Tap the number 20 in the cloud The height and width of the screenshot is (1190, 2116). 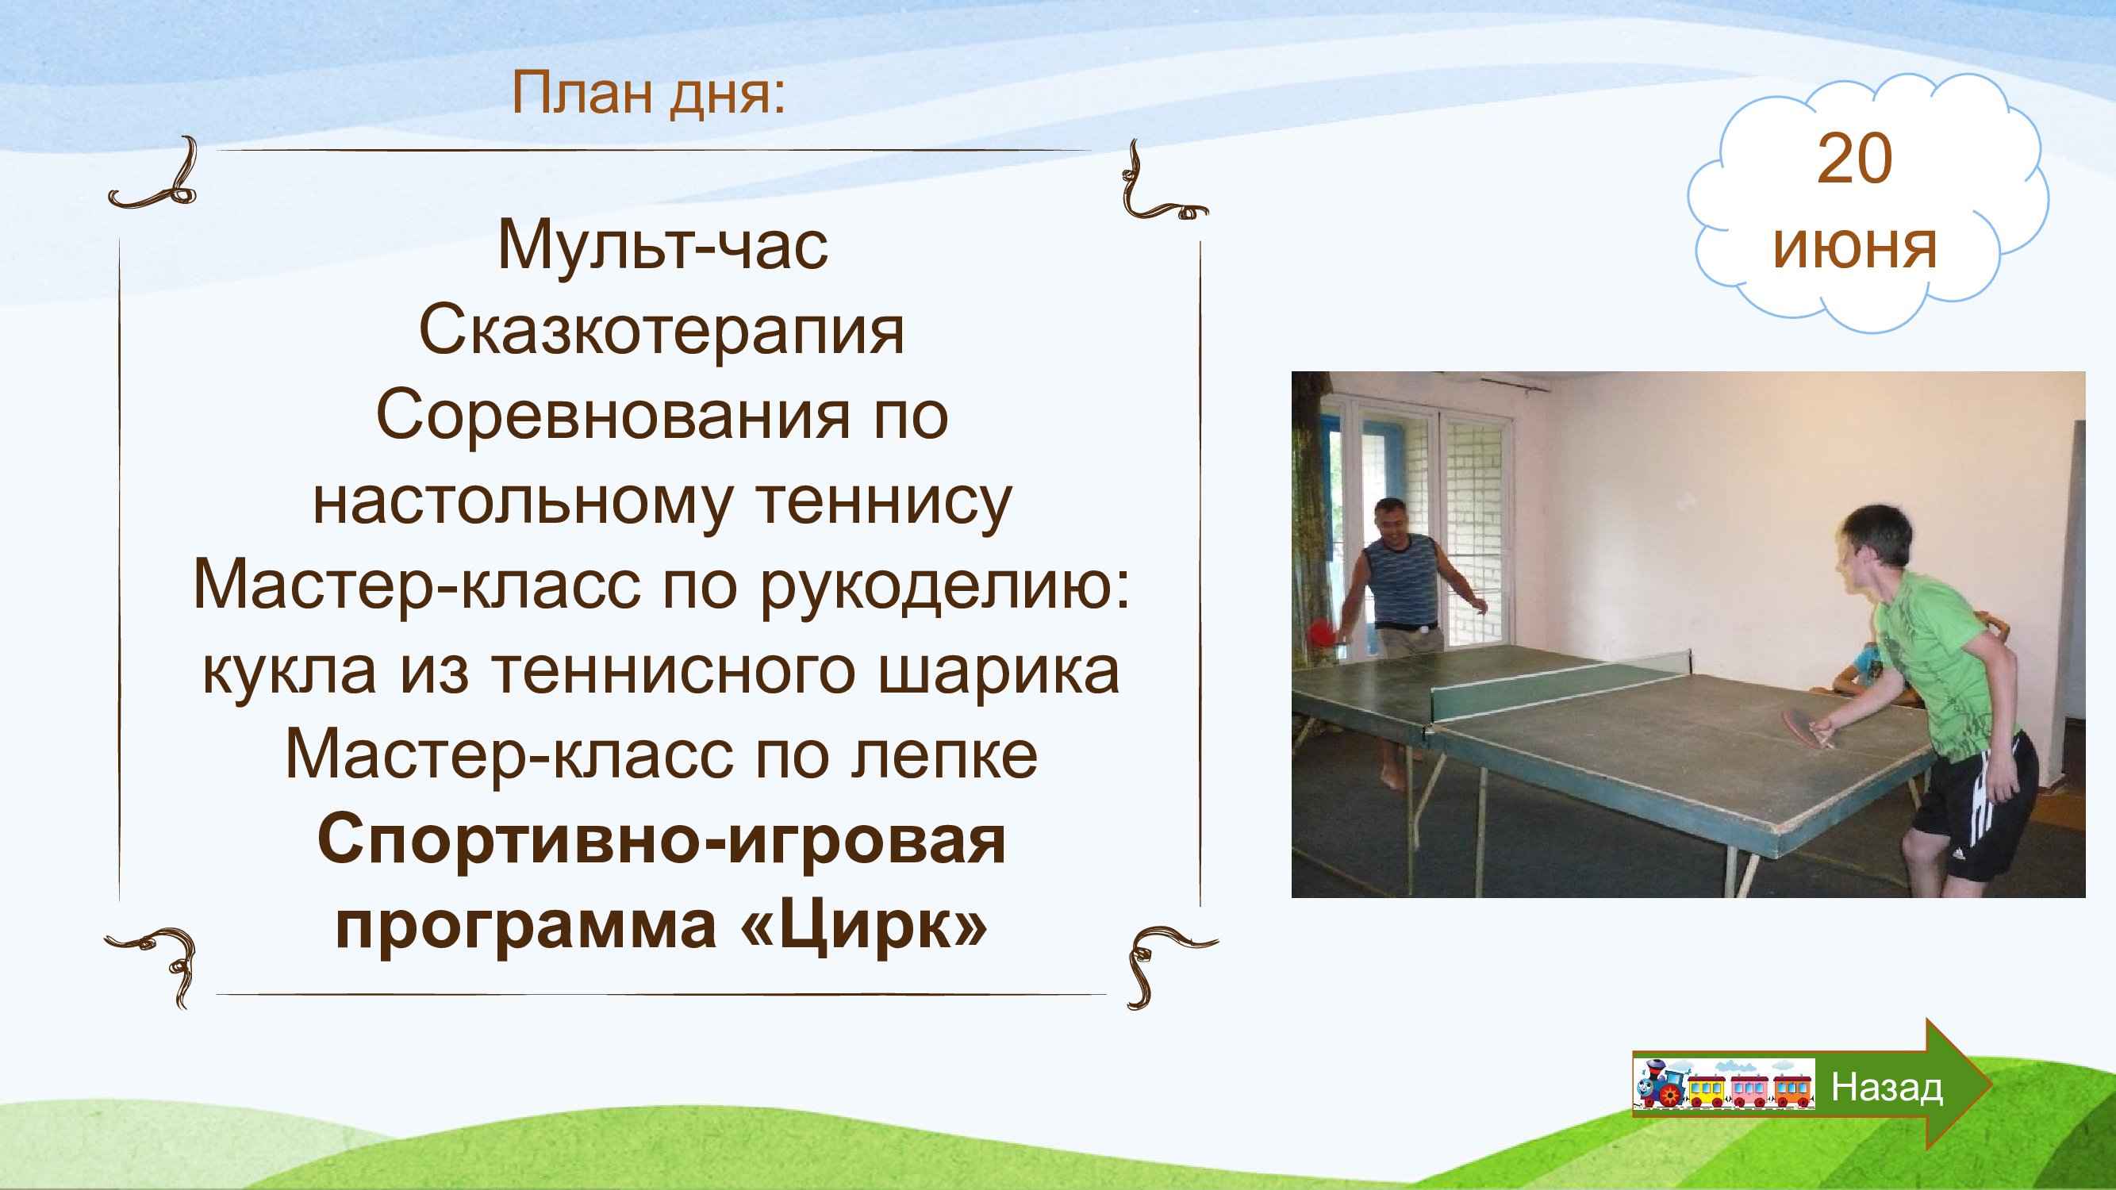pyautogui.click(x=1855, y=159)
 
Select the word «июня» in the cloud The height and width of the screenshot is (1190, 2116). pyautogui.click(x=1855, y=246)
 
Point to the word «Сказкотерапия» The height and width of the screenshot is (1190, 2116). pyautogui.click(x=662, y=332)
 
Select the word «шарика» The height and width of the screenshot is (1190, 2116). pyautogui.click(x=1000, y=673)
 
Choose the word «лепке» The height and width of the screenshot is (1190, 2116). pyautogui.click(x=945, y=755)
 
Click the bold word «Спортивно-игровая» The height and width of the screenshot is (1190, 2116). pyautogui.click(x=662, y=842)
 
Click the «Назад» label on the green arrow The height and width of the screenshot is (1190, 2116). pyautogui.click(x=1887, y=1088)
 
